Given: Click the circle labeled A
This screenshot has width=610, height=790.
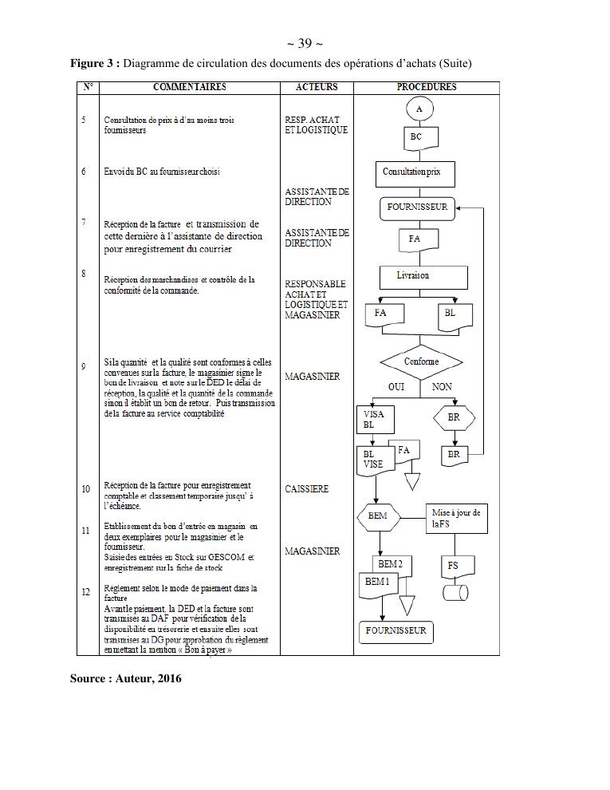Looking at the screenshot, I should pos(419,108).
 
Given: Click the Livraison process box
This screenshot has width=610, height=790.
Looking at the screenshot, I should pos(423,276).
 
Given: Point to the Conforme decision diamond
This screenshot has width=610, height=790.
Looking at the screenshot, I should pos(421,362).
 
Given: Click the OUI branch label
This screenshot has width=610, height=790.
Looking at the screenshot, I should pos(396,387).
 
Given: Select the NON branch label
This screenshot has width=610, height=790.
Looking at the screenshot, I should pos(442,387).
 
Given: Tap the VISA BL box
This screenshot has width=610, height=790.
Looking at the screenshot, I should pos(374,420).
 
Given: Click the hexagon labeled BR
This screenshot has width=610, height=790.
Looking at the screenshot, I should pos(454,417).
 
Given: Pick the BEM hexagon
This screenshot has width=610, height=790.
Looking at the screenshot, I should pos(378,515).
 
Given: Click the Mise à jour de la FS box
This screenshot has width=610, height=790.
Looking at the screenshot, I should pos(456,519).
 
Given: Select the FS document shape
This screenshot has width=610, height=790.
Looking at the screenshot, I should pos(453,567).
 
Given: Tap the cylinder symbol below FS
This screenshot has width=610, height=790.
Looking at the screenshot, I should pos(455,593).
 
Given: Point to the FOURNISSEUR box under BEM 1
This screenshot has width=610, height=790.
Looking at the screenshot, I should pos(396,631).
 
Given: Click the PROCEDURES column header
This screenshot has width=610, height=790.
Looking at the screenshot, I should pos(426,87).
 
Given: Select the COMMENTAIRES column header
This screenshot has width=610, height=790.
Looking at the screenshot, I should pos(189,87).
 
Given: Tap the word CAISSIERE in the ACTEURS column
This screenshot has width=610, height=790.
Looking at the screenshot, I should pos(306,489).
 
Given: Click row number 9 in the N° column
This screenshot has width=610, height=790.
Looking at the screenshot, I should pos(84,366).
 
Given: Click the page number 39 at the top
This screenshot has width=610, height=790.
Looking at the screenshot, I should pos(304,43).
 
